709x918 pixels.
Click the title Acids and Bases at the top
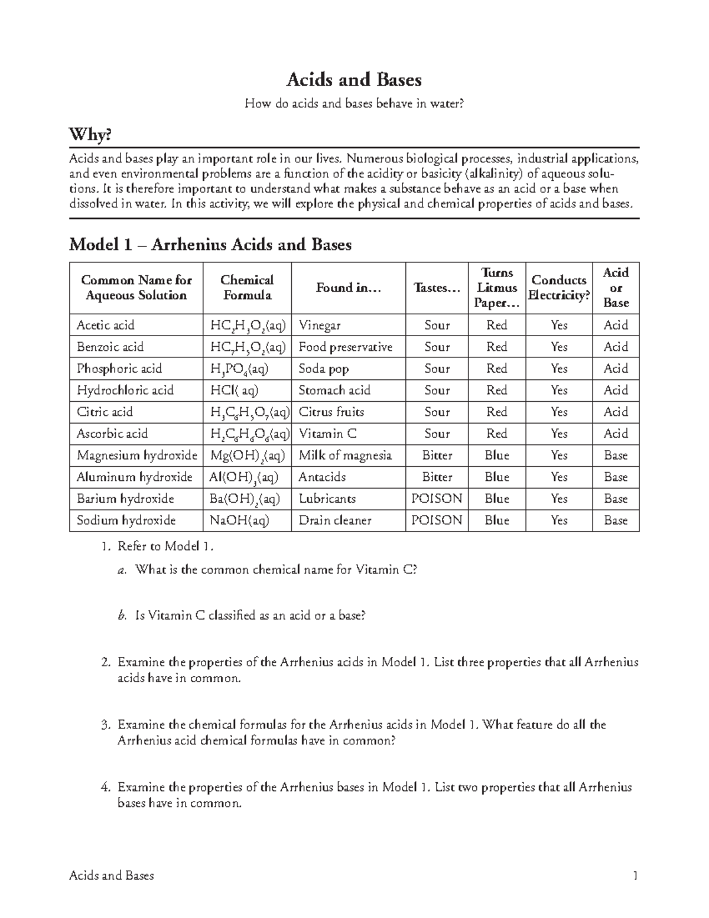point(354,80)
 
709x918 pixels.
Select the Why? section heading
point(90,135)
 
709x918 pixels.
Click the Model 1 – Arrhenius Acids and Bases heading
point(210,245)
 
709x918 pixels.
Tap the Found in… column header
point(348,288)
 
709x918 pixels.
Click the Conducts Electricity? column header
point(559,288)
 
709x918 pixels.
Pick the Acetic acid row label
point(106,325)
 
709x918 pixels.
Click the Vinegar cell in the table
point(320,325)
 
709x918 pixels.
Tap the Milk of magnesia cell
point(345,455)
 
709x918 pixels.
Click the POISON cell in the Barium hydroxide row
point(437,499)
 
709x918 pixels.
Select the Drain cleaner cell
point(335,520)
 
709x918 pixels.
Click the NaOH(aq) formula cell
point(236,520)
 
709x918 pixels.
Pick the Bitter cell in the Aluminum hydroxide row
point(437,477)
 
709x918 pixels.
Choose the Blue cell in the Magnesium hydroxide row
point(496,455)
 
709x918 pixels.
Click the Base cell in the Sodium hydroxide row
point(615,520)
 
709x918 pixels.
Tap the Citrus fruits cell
point(331,412)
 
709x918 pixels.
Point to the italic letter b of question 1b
point(122,616)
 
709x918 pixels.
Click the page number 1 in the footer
point(635,876)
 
